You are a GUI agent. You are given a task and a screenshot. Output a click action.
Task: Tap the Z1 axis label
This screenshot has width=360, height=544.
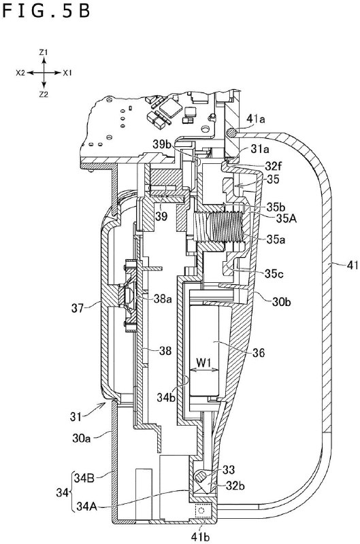click(43, 52)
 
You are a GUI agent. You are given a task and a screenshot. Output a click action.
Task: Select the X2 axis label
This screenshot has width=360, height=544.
click(20, 71)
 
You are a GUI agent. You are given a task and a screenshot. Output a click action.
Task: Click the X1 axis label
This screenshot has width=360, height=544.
click(67, 71)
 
